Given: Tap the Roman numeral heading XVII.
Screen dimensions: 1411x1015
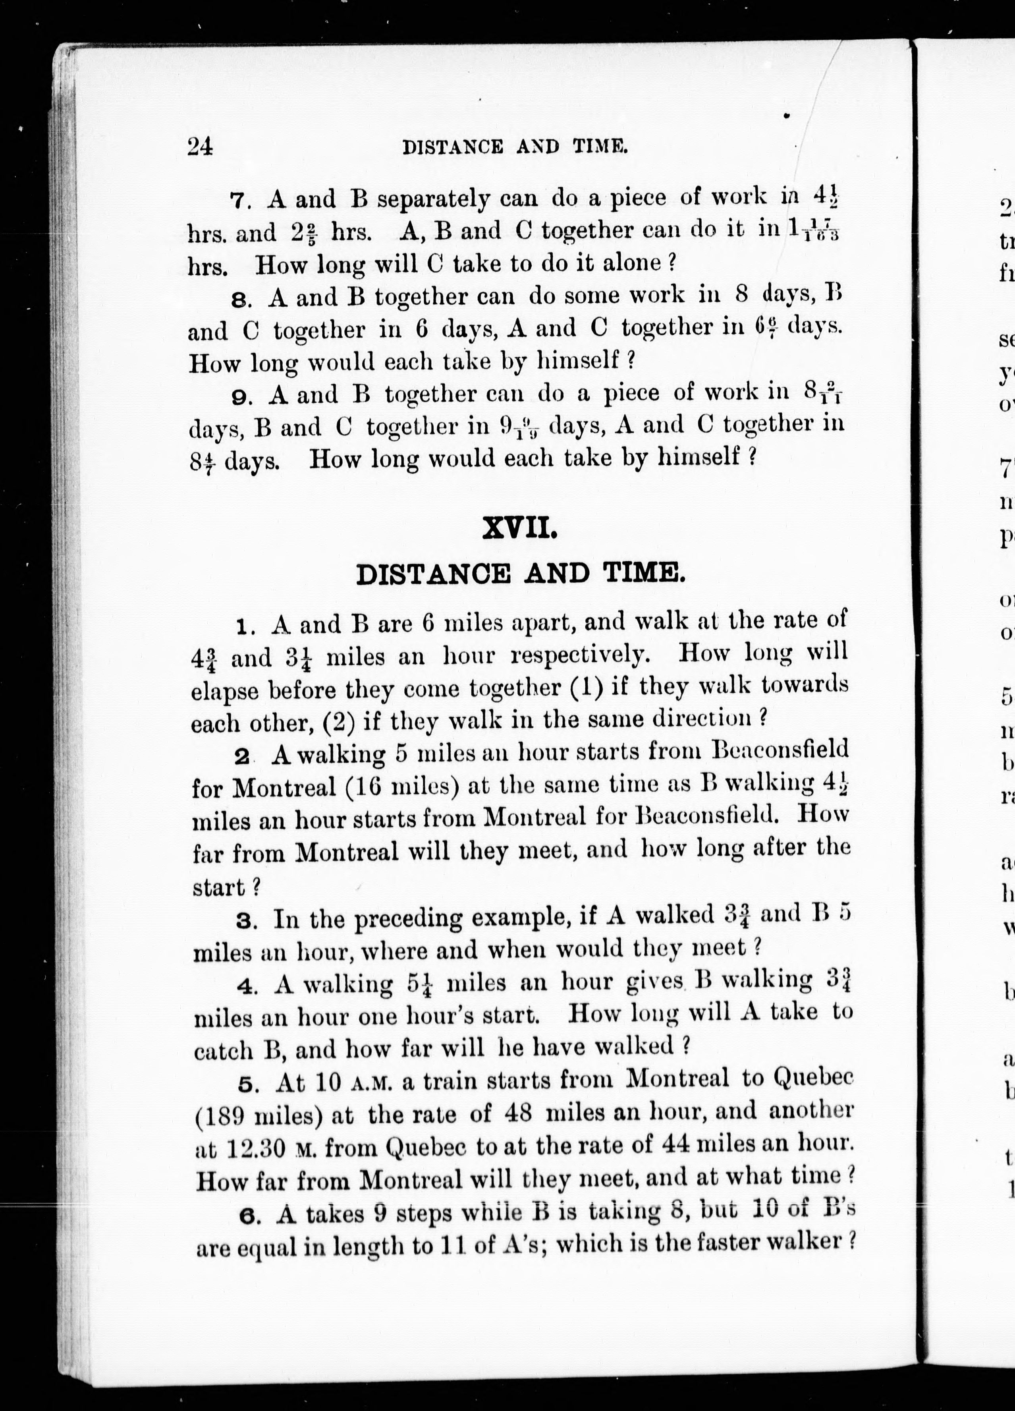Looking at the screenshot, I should coord(519,530).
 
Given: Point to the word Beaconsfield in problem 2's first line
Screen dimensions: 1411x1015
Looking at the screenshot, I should coord(779,748).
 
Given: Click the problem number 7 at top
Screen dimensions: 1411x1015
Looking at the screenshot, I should coord(239,201).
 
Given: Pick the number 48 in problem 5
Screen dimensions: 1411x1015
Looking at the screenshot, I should coord(518,1112).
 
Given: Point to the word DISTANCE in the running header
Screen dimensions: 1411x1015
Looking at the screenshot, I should coord(453,147).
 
